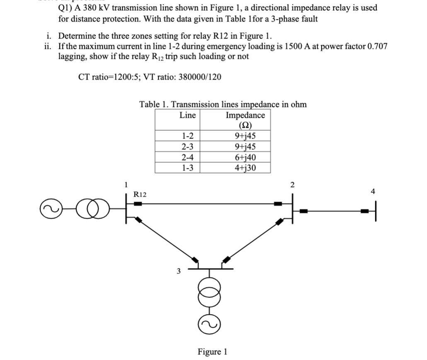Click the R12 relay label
140,194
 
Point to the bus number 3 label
179,271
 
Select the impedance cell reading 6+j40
245,157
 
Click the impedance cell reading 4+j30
245,168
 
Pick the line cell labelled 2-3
187,146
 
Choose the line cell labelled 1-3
187,168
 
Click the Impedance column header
245,119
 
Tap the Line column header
187,115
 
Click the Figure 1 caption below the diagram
212,352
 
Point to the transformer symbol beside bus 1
93,210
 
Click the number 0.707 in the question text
377,46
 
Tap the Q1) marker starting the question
65,8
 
